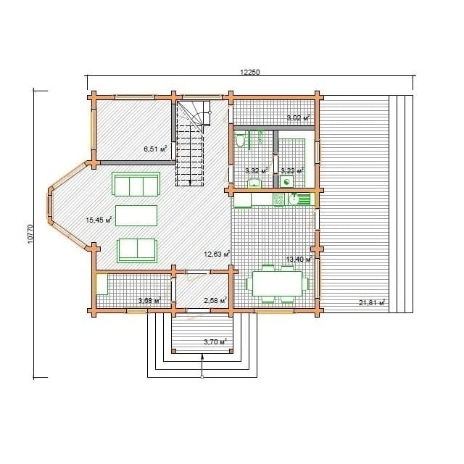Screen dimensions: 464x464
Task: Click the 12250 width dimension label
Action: pos(249,72)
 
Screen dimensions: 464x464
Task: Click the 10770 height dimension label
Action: pos(30,234)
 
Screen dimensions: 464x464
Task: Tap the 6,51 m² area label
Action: pos(155,149)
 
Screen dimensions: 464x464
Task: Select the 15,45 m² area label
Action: pos(99,220)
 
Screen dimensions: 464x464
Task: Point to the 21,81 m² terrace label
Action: pos(372,302)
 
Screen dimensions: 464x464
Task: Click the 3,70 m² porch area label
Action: pos(215,341)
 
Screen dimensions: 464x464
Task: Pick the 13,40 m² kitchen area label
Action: pos(299,260)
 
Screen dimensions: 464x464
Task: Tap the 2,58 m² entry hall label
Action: pos(215,301)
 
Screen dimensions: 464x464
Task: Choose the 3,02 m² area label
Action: pos(299,117)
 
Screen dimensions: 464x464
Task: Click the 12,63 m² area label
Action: pos(217,254)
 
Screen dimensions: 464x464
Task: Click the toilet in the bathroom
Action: pos(240,140)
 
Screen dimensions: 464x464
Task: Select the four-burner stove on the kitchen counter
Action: pos(278,199)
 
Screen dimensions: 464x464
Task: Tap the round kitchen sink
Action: pos(294,199)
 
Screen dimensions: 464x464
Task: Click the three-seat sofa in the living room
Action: pos(136,184)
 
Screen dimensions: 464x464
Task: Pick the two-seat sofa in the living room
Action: pos(137,251)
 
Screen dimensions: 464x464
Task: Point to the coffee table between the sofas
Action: pos(136,216)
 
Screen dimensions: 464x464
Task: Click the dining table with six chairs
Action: pos(277,283)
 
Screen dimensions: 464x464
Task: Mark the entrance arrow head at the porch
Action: pos(202,356)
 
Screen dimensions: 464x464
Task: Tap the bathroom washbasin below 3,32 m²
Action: pos(254,183)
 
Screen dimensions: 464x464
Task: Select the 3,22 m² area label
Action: pos(292,171)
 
